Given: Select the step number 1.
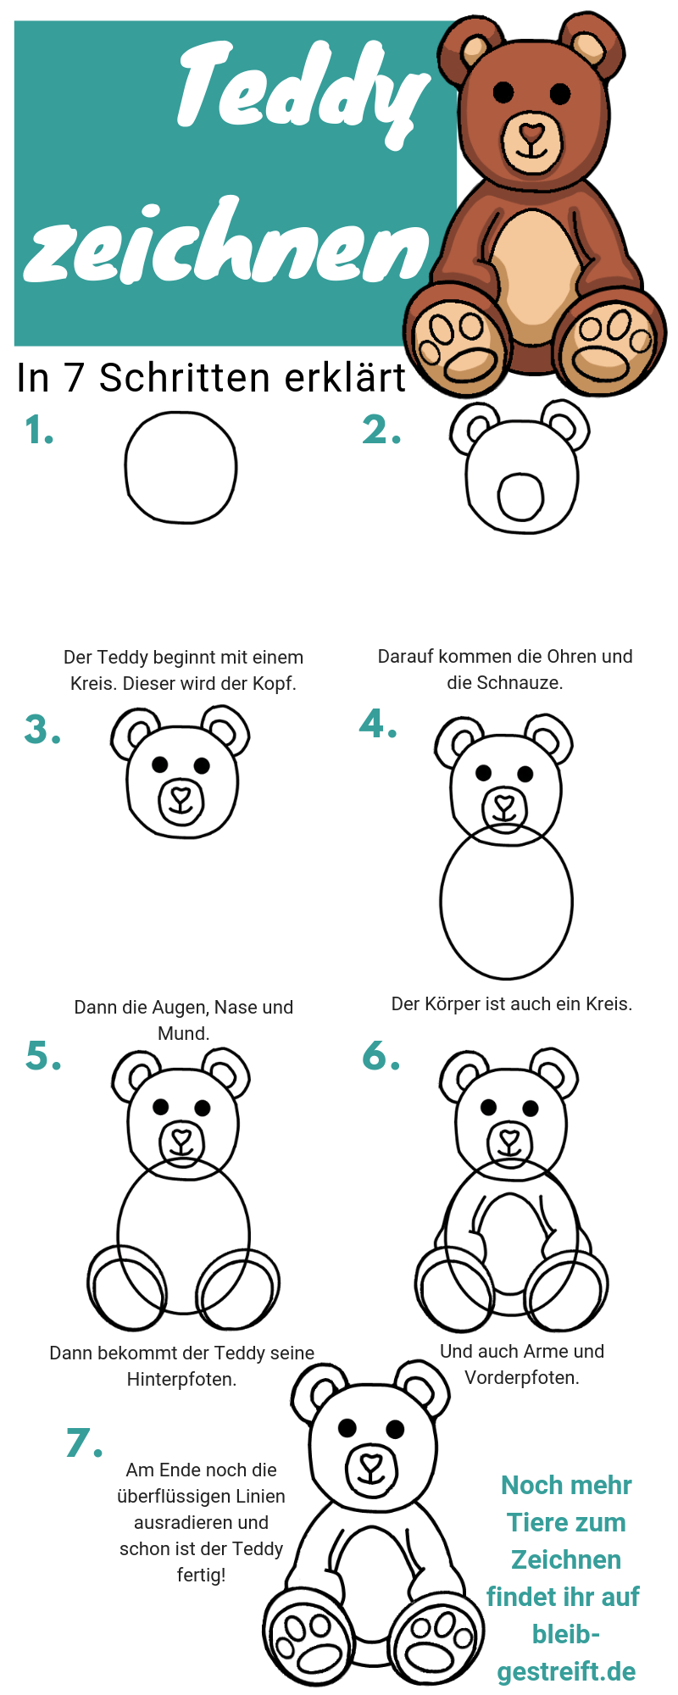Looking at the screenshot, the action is click(x=39, y=431).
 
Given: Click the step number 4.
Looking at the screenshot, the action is click(x=378, y=724).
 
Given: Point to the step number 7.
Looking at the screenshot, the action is click(x=84, y=1442).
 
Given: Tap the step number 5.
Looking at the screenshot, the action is click(x=43, y=1056).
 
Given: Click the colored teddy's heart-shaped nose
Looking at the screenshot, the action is click(x=531, y=134).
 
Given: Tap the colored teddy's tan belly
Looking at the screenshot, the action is click(x=535, y=271).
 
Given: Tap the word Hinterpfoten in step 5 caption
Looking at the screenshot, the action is click(x=181, y=1379).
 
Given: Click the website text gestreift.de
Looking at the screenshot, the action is click(x=566, y=1671).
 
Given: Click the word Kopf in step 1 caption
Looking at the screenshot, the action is click(x=274, y=683).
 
